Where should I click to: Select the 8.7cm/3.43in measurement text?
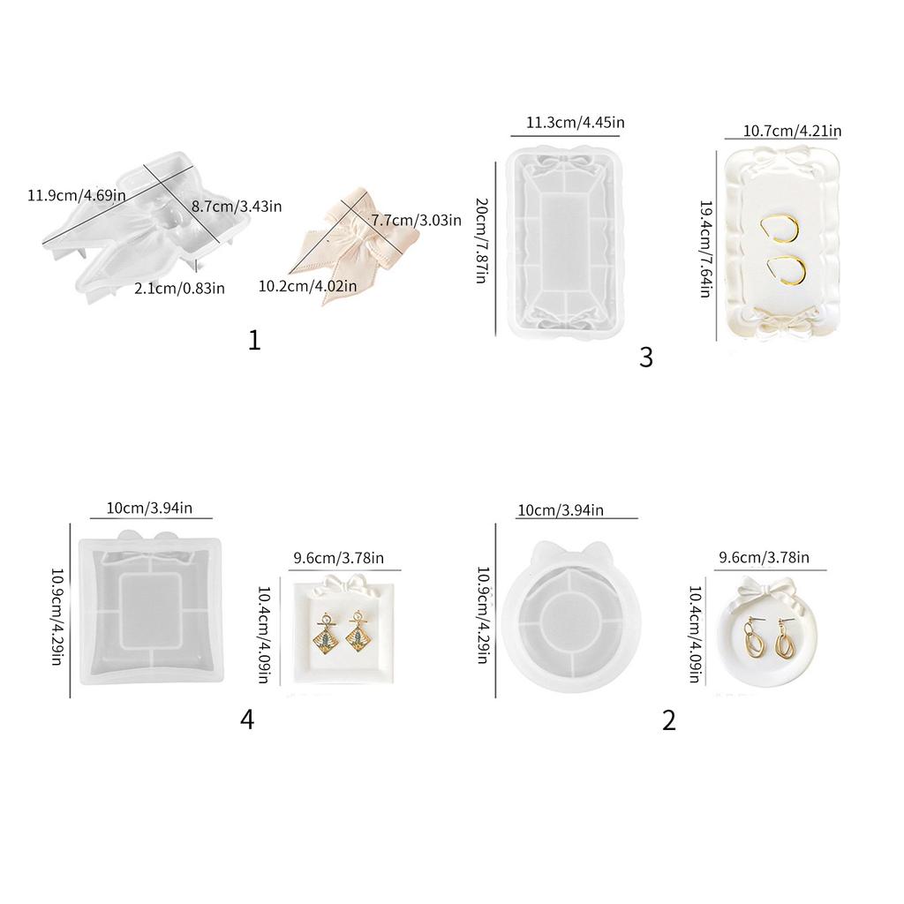coord(237,207)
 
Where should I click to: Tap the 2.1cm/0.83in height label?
coord(179,287)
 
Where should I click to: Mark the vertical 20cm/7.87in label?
coord(481,240)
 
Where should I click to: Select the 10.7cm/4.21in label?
coord(792,131)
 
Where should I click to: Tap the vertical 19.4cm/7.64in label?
coord(704,248)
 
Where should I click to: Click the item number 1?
coord(254,340)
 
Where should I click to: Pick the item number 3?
coord(646,358)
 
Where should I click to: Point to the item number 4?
coord(247,719)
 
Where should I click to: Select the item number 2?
coord(668,719)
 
